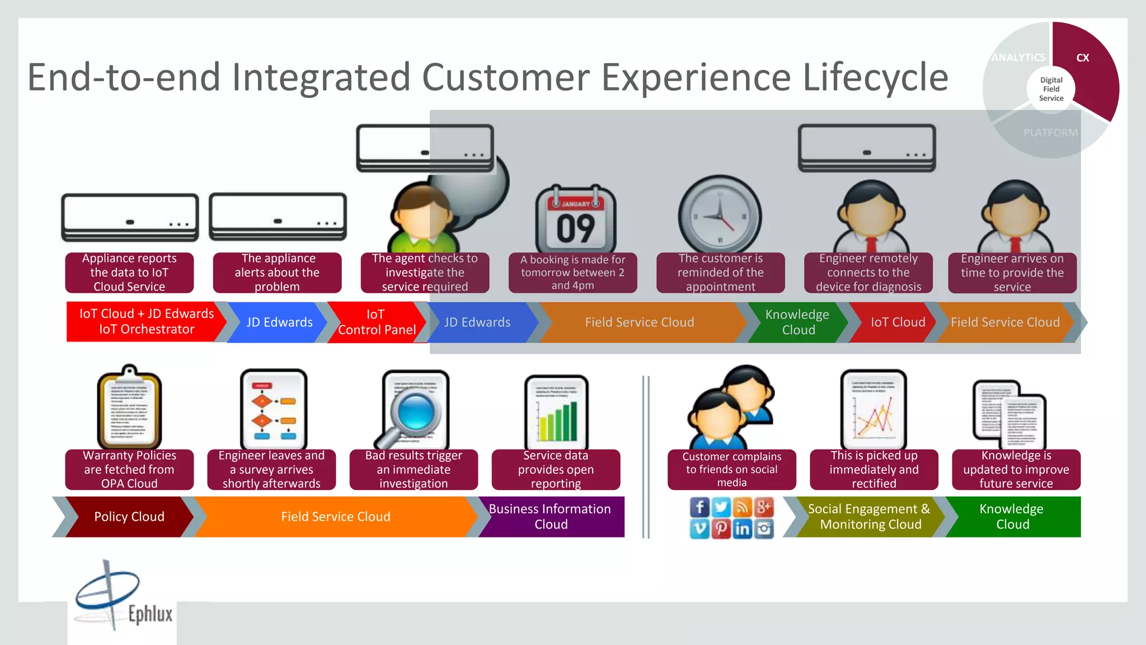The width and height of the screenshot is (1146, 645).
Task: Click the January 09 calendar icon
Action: point(576,219)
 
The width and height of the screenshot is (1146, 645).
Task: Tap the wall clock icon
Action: point(720,216)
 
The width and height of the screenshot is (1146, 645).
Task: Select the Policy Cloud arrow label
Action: point(129,517)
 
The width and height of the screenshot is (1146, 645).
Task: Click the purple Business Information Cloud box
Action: point(551,517)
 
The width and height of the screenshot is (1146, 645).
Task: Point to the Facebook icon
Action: point(699,507)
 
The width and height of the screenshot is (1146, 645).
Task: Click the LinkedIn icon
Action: point(743,529)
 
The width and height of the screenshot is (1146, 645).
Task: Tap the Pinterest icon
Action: point(721,529)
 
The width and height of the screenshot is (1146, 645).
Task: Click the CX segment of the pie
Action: point(1088,67)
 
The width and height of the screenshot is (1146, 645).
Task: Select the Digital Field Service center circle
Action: point(1051,89)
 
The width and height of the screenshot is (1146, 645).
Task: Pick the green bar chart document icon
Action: point(556,413)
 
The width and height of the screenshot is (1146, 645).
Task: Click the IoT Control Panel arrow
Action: point(377,322)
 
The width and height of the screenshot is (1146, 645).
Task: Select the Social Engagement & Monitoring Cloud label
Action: point(869,517)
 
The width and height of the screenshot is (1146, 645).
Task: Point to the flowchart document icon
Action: point(273,410)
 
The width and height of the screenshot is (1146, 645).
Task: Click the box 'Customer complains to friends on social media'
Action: point(731,469)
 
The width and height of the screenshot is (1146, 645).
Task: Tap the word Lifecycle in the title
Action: point(875,77)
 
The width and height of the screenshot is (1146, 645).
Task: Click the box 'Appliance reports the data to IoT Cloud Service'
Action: point(129,273)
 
